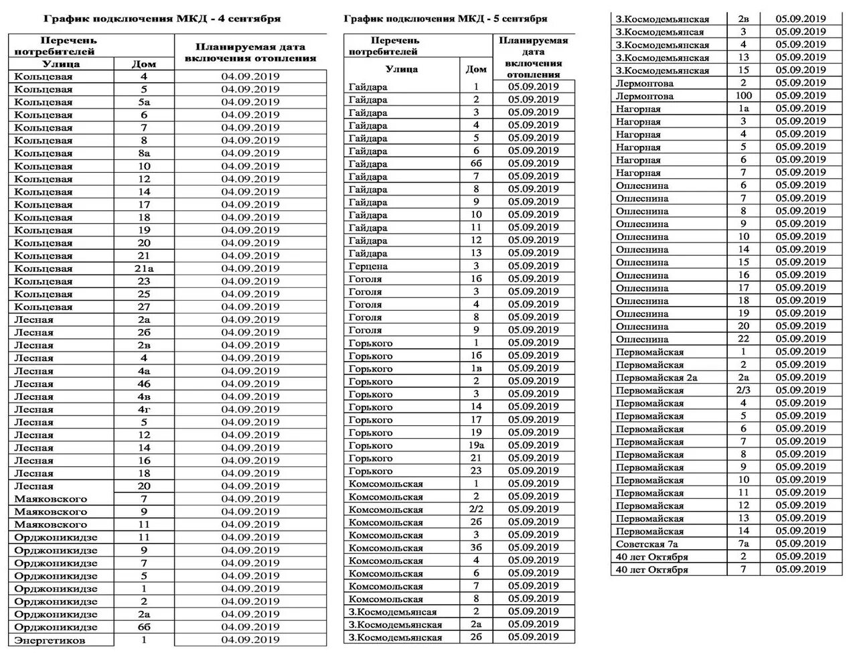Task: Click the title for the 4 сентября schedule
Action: pos(162,19)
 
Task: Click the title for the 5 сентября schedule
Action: pos(445,19)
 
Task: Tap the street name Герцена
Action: pos(368,266)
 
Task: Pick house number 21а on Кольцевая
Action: pos(144,269)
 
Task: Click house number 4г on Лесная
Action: pos(144,409)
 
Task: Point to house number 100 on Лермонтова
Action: pos(743,96)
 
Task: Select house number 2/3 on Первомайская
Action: pos(743,390)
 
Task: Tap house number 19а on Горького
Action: pos(476,445)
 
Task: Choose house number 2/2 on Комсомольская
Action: pos(476,510)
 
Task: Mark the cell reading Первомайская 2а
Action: pos(656,378)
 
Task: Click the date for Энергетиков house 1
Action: pos(250,640)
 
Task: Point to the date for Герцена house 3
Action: pos(533,266)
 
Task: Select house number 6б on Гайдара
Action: pos(476,164)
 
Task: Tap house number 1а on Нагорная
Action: pos(743,108)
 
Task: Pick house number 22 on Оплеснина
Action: pos(743,339)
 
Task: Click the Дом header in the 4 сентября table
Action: pos(144,64)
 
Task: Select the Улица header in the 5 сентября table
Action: pos(402,69)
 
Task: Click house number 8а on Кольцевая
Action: pos(144,153)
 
